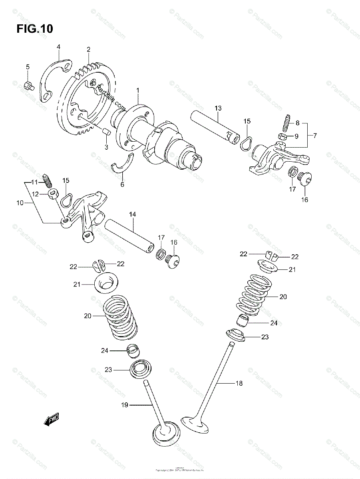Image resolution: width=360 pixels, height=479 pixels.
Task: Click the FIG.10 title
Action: coord(35,29)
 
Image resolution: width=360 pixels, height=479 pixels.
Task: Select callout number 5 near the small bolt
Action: coord(28,67)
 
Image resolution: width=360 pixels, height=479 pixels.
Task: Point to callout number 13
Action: coord(217,108)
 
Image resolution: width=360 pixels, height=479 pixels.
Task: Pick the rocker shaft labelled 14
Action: coord(129,236)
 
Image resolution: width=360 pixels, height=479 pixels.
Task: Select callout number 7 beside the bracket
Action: coord(314,136)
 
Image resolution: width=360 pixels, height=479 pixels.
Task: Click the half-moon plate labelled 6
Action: coord(123,168)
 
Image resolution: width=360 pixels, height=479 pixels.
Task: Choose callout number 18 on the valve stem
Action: coord(239,383)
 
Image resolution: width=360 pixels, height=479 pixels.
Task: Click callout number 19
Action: coord(124,405)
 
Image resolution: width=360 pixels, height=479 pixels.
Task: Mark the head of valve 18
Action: coord(195,424)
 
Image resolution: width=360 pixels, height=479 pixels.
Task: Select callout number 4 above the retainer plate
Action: coord(58,47)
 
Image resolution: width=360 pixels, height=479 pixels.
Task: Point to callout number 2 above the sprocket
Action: coord(88,49)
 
